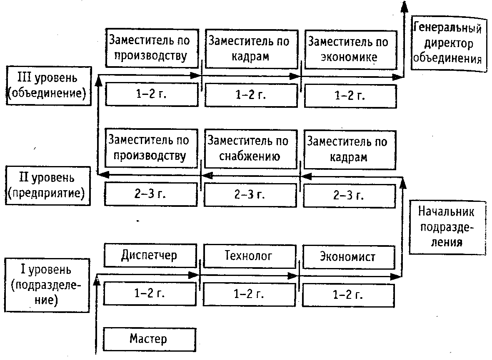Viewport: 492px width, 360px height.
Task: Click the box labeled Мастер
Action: (150, 339)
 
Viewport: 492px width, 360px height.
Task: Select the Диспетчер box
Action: (150, 256)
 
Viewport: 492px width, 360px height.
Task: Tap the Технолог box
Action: (250, 256)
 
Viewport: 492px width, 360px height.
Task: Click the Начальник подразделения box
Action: (448, 227)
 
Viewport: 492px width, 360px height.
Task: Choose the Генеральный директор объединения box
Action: (449, 44)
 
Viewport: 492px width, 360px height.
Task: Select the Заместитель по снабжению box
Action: (250, 149)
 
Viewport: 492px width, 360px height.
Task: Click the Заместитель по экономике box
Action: (351, 50)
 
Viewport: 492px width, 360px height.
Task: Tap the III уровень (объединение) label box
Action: (49, 86)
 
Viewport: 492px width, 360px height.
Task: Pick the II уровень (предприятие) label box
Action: (48, 186)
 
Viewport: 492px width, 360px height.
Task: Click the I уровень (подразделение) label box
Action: (47, 286)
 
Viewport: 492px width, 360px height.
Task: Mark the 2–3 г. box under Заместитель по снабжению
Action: (250, 195)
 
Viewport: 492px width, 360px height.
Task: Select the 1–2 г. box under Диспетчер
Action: (150, 294)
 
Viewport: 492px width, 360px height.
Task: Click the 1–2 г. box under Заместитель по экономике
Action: (350, 96)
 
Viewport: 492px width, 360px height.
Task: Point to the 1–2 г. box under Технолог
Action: (249, 295)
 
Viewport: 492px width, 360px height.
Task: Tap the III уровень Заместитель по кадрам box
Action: (251, 49)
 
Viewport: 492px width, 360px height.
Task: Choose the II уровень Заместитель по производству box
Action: (151, 148)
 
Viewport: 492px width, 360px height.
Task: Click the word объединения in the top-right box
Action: (447, 59)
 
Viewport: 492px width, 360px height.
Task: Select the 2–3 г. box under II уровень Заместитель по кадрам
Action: (350, 196)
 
